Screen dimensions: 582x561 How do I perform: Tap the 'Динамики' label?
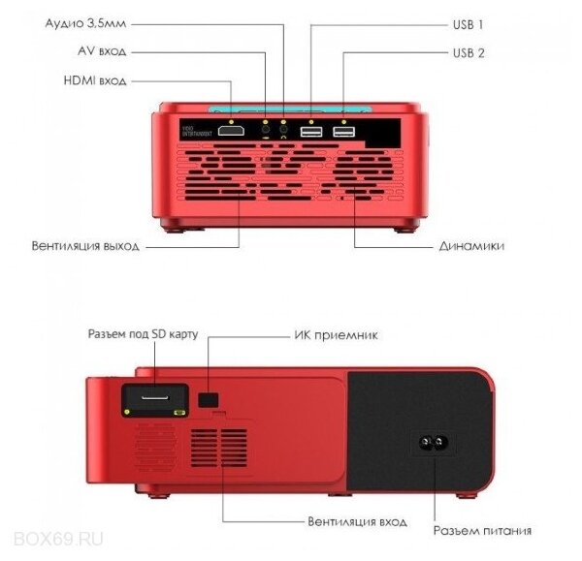470,246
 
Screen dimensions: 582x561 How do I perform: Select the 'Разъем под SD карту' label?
144,334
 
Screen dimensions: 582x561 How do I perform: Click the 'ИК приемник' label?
335,335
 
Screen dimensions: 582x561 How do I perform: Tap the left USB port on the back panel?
311,132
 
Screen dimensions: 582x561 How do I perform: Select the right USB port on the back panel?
344,132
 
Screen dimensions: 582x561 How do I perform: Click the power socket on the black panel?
434,446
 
